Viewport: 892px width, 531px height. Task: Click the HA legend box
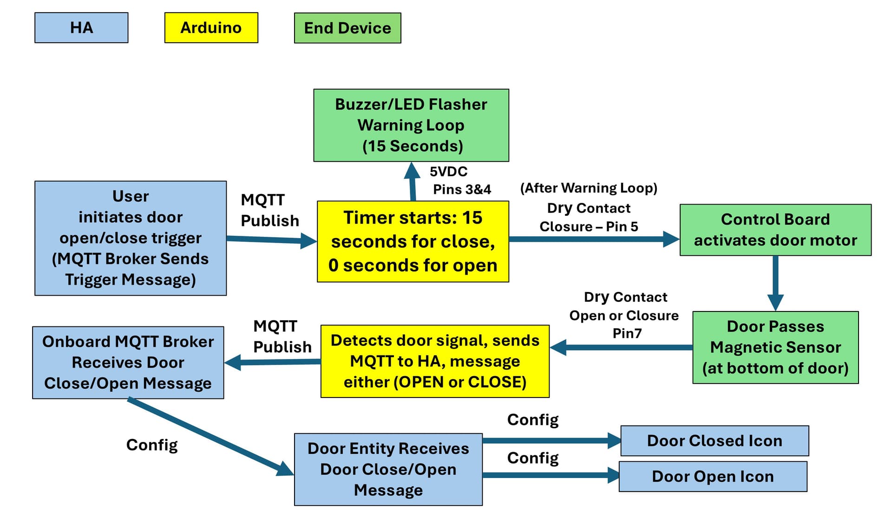point(81,28)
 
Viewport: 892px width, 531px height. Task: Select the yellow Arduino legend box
point(211,28)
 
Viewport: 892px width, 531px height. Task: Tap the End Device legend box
point(348,28)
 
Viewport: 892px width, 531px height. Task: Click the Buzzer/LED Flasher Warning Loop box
point(411,125)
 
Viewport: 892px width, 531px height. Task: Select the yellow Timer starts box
point(413,241)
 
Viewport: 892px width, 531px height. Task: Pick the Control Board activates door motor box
point(775,230)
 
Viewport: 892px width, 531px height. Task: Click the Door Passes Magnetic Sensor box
point(775,347)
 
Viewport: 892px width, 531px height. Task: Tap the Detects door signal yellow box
point(435,361)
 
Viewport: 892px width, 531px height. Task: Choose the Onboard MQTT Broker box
point(128,363)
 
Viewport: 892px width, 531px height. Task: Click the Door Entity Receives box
point(388,470)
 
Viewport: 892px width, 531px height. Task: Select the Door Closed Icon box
point(715,441)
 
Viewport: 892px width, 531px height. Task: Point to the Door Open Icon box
point(713,477)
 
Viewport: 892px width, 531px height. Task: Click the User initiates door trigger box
point(131,238)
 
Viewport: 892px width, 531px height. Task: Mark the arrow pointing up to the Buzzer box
point(412,181)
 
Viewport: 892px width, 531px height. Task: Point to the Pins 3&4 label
point(462,190)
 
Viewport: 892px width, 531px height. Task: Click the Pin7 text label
point(627,333)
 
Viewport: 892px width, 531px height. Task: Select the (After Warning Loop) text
point(589,188)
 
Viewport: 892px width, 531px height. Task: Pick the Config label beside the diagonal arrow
point(152,445)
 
